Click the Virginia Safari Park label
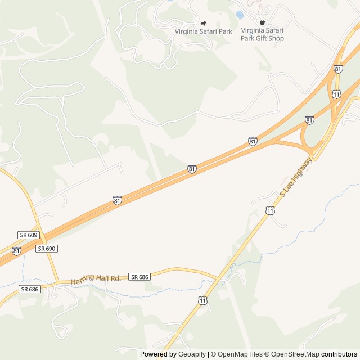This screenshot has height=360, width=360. tap(203, 31)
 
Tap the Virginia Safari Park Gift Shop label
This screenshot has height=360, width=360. tap(262, 34)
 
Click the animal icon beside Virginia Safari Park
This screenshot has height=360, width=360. tap(203, 23)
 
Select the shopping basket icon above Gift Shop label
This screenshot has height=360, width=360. tap(262, 22)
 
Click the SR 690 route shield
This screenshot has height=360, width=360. tap(47, 248)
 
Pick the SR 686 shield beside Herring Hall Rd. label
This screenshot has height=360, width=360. tap(139, 277)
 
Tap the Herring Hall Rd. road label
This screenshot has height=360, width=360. tap(96, 279)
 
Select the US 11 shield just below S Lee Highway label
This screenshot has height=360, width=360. tap(271, 210)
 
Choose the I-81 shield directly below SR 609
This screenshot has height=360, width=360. tap(16, 251)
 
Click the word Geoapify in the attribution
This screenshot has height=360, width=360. tap(192, 354)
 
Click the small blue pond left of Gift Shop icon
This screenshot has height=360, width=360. tap(240, 14)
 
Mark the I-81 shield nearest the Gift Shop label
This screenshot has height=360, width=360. tap(337, 69)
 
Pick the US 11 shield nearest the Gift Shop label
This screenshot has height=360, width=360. tap(336, 93)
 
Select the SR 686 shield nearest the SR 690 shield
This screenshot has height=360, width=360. tap(30, 289)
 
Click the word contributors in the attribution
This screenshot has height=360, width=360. tap(339, 354)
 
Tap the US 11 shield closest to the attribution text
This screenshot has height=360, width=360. tap(202, 300)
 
